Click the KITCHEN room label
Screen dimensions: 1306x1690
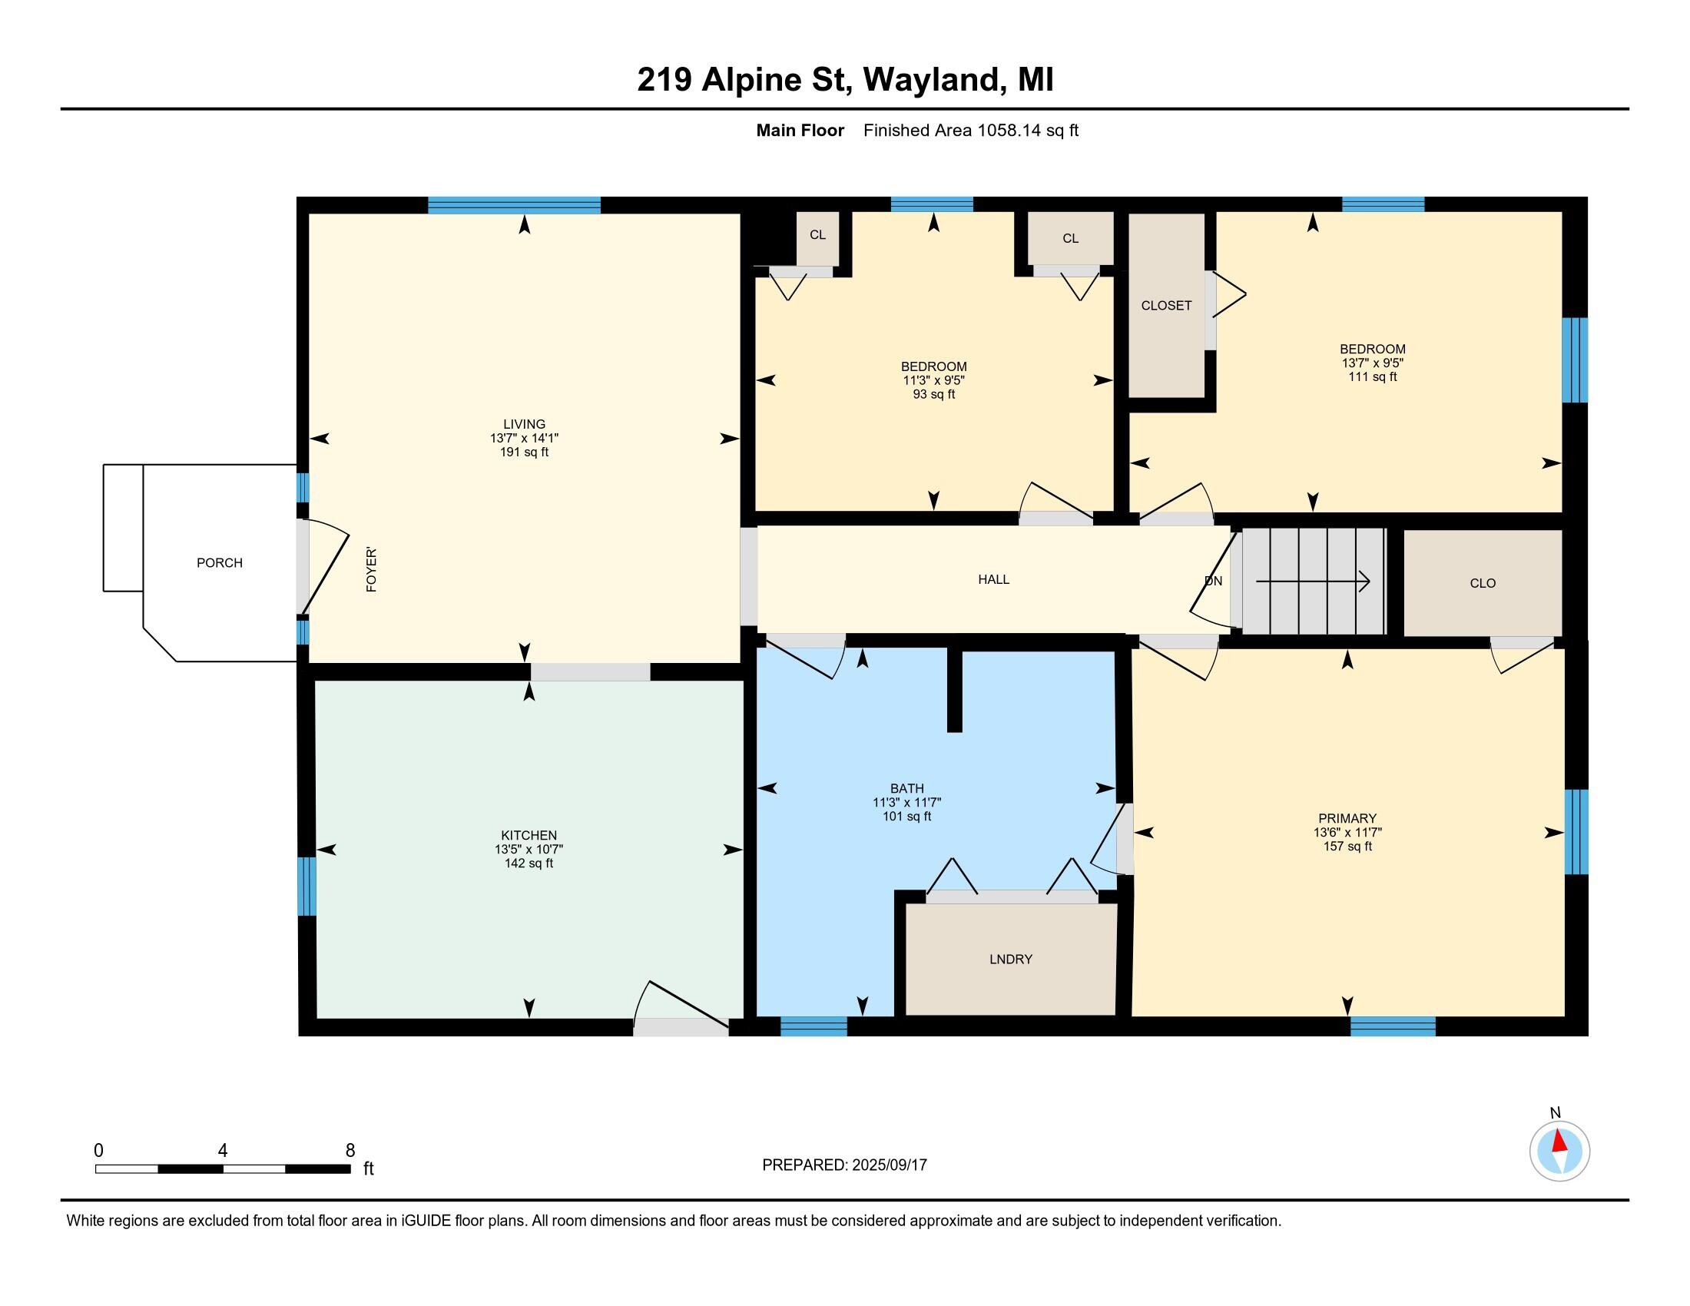pos(529,835)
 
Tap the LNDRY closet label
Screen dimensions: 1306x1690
pos(1011,960)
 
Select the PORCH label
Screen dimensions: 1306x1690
pos(219,562)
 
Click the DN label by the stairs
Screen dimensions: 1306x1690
pos(1213,580)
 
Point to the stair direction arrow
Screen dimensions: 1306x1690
pos(1312,581)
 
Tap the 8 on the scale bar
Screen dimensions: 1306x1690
pos(350,1151)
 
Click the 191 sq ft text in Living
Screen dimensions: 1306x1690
pos(524,452)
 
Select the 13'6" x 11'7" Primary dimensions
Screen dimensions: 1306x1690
pos(1347,833)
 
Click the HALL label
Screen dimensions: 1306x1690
pos(993,579)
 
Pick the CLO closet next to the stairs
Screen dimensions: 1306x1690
pos(1483,583)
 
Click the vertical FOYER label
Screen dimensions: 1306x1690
pos(372,569)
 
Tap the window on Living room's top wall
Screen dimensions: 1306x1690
pos(514,205)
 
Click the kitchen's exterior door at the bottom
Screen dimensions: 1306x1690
pos(681,1026)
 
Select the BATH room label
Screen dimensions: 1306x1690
pos(907,788)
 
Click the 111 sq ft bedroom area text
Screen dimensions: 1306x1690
pos(1373,376)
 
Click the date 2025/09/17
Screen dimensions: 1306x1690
pos(889,1165)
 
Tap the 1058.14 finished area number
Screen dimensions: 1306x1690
pos(1009,130)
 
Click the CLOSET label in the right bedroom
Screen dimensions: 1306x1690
pos(1166,306)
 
